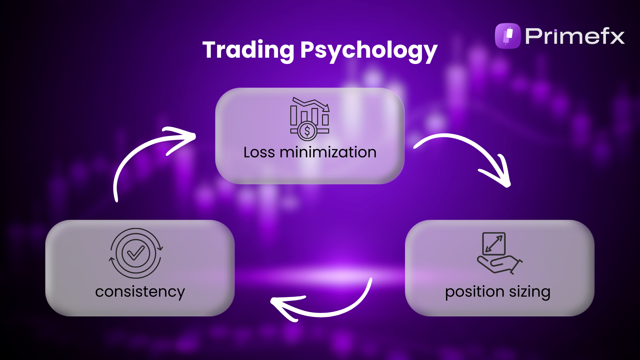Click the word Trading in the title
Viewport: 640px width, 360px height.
(248, 50)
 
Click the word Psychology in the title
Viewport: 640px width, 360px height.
(369, 51)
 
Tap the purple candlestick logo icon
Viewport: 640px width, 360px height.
(508, 36)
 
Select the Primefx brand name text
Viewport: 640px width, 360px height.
(575, 36)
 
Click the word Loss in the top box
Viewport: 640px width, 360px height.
(259, 152)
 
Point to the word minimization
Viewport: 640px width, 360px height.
(328, 152)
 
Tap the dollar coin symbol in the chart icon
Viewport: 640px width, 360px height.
(307, 131)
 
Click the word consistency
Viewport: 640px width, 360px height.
(140, 292)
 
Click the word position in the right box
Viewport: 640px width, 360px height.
(474, 292)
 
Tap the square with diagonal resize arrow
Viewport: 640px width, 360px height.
(494, 244)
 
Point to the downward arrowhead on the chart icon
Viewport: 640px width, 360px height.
(326, 107)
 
